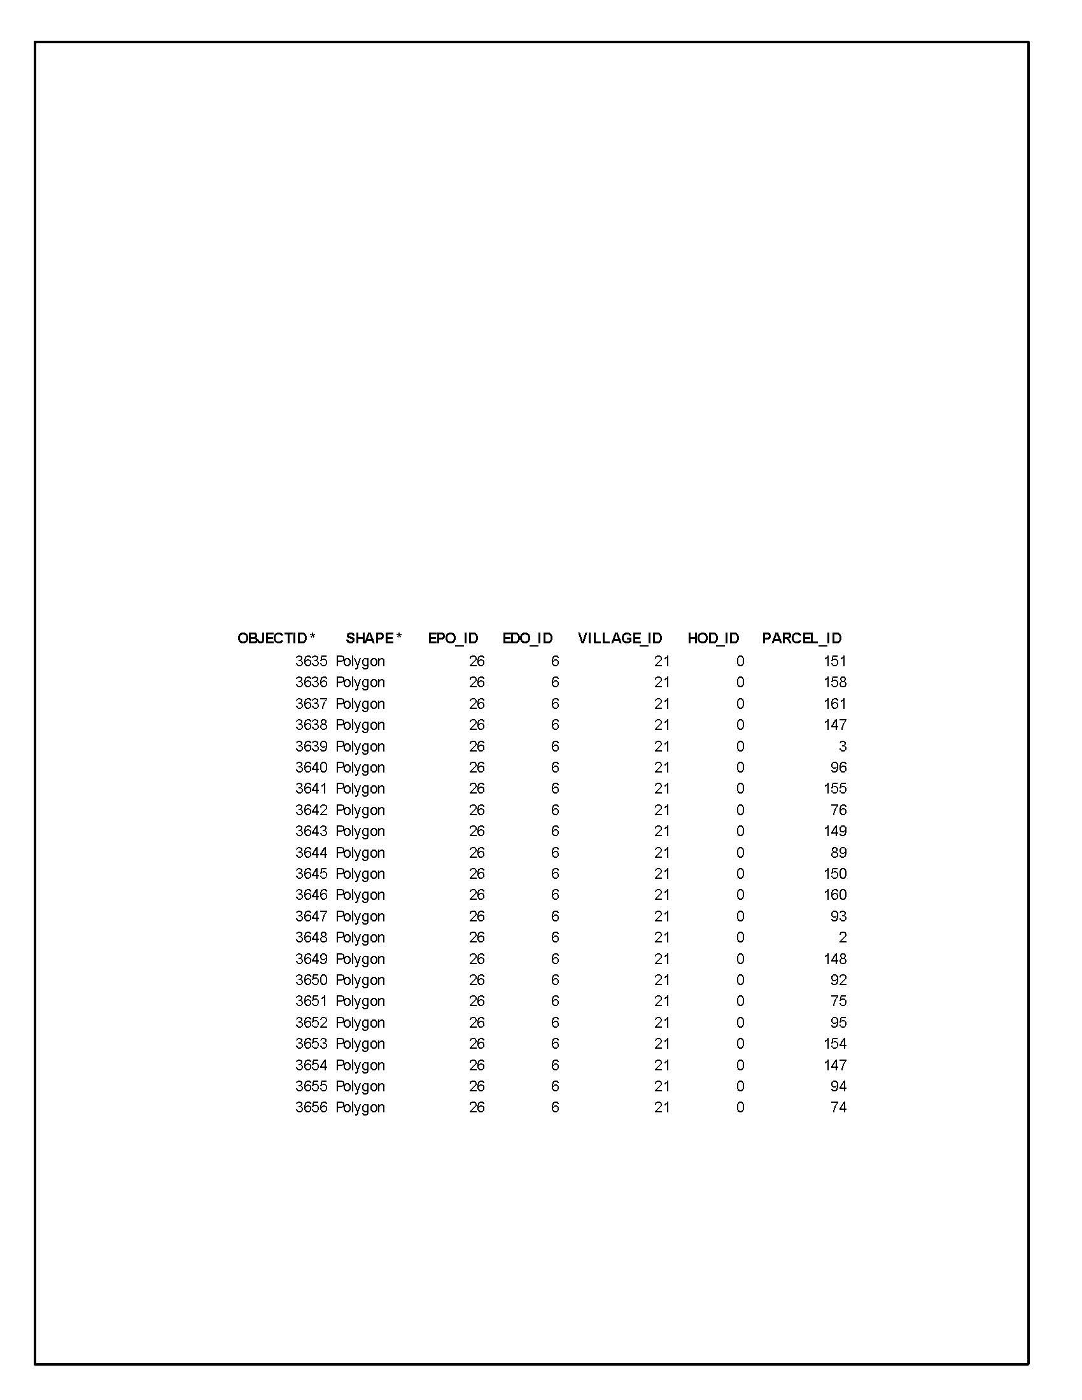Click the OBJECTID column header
(276, 638)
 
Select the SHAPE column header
(373, 638)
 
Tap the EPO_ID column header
(453, 638)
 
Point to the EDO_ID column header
(528, 638)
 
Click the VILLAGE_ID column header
(620, 638)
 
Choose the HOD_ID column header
(713, 638)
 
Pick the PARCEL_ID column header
(802, 638)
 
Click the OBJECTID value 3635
(311, 661)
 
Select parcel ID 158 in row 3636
(834, 682)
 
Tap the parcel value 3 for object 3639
(842, 746)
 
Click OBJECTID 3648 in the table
(311, 937)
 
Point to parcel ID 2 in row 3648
(842, 937)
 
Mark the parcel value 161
(834, 704)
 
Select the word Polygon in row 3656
(360, 1108)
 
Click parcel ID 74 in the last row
(838, 1107)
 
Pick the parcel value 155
(834, 788)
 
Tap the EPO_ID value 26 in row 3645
(476, 874)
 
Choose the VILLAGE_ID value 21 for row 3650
(661, 980)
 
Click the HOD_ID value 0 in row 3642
(740, 810)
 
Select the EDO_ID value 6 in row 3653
(555, 1044)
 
